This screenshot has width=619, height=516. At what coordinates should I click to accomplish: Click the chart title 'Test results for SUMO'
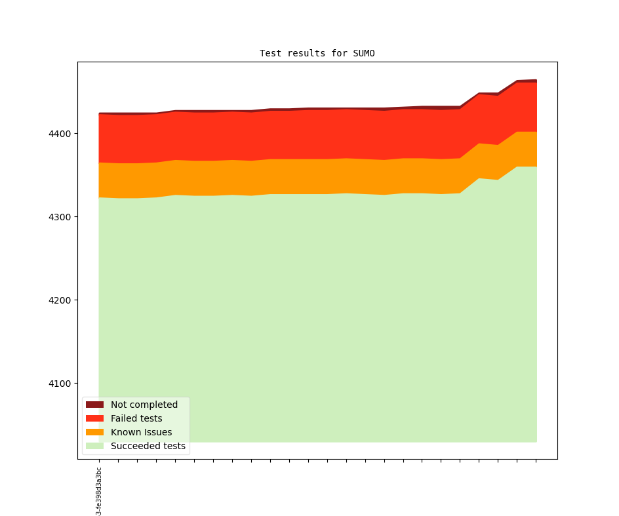pos(317,53)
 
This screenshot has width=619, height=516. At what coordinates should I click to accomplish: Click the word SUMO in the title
pos(363,53)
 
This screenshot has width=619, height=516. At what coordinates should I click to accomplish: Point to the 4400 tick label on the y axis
pos(58,134)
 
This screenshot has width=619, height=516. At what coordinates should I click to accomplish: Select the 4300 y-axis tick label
pos(58,217)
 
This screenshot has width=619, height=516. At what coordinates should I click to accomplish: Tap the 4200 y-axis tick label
pos(58,300)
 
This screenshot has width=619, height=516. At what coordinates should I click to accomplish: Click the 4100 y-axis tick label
pos(58,384)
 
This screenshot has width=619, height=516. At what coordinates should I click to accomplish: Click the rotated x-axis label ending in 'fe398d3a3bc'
pos(99,490)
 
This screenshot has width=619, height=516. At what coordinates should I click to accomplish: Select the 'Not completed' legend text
pos(144,405)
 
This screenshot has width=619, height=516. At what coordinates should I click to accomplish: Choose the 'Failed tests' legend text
pos(136,418)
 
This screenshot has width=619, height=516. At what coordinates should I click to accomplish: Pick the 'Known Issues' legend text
pos(141,432)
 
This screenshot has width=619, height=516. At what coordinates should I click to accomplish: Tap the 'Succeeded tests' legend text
pos(148,446)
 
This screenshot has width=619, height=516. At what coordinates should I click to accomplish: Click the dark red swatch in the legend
pos(94,405)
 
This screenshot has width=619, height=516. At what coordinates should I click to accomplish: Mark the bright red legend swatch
pos(94,418)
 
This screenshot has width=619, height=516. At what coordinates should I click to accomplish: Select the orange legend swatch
pos(94,432)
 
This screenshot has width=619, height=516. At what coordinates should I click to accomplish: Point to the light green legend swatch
pos(94,446)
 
